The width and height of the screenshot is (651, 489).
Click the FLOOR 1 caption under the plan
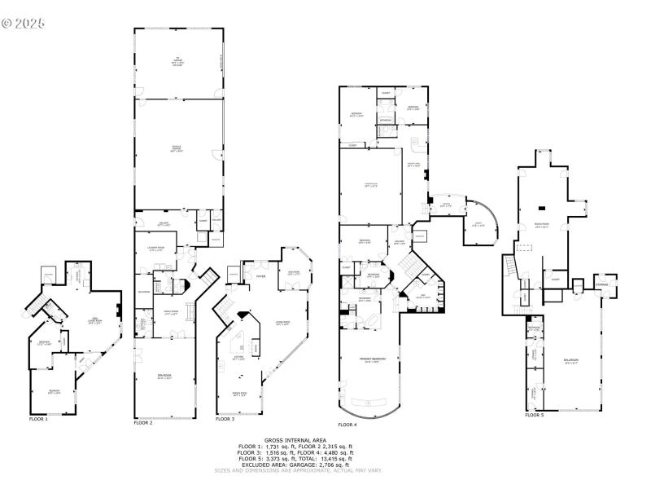pos(38,419)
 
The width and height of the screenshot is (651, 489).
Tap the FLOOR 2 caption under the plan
pos(143,423)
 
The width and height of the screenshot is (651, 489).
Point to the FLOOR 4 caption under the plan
pos(347,425)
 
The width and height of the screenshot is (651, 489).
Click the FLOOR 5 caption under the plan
pos(534,415)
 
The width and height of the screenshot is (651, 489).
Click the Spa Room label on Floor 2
pos(164,377)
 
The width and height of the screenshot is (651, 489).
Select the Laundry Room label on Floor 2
pos(156,248)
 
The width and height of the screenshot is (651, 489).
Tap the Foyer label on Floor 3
pos(261,277)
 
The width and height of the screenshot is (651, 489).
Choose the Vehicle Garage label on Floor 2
pos(176,148)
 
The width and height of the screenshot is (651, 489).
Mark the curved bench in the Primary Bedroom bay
pos(370,403)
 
